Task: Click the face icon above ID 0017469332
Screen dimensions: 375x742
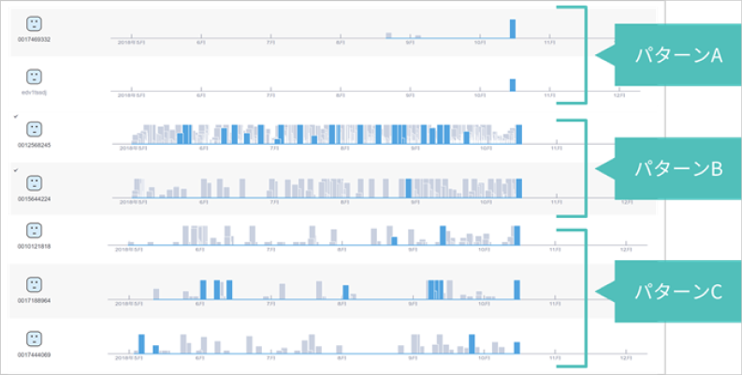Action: (34, 24)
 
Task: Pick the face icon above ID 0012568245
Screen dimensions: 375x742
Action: (34, 128)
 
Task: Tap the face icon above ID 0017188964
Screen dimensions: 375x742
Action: (34, 283)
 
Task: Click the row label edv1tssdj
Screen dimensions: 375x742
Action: (33, 93)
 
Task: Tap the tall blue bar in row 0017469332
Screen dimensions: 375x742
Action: (513, 29)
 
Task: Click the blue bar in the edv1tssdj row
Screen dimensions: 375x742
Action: (513, 84)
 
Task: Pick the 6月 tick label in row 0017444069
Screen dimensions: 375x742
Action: (200, 358)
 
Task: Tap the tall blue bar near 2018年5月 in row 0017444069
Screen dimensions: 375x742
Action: (141, 343)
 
